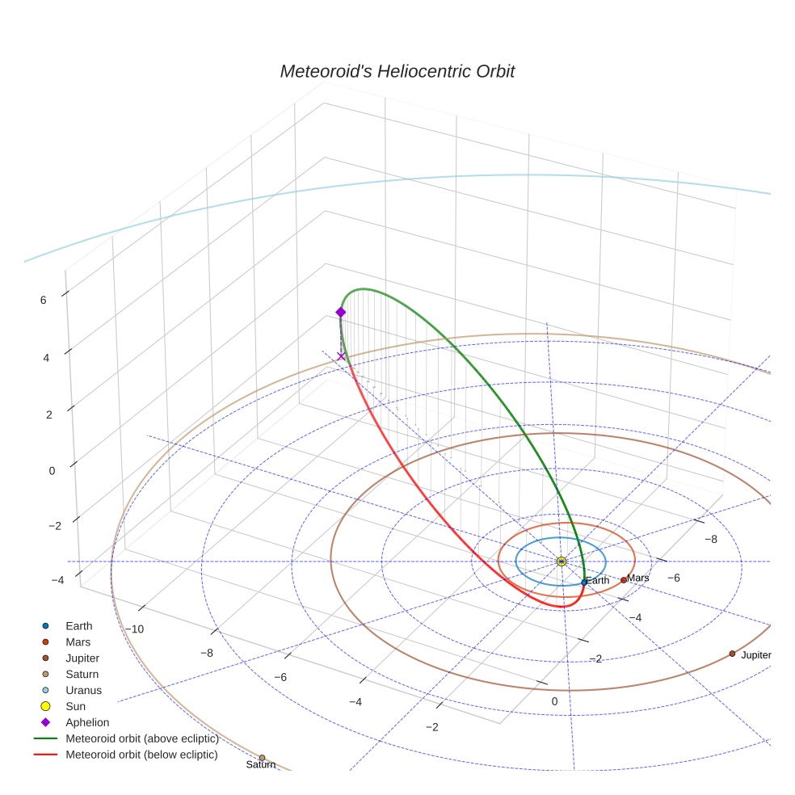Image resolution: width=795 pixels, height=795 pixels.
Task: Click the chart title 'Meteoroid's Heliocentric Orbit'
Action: (x=397, y=71)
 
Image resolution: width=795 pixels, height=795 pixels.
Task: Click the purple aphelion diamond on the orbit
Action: (x=341, y=312)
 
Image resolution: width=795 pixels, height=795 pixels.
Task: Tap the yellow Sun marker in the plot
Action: (x=562, y=562)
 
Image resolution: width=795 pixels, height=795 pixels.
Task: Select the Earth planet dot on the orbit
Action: (x=584, y=582)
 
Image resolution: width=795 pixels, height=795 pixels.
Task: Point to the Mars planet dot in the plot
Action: (x=624, y=579)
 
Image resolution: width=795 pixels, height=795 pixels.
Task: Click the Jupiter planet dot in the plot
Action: (x=732, y=654)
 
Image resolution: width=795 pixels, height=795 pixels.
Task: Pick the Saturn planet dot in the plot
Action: (x=262, y=758)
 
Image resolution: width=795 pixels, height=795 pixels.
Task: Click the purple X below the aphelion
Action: (x=341, y=356)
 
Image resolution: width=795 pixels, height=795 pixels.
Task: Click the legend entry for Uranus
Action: (x=83, y=690)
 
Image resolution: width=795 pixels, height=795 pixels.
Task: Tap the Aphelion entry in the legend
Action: (x=87, y=722)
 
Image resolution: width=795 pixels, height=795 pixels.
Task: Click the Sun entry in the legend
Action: (x=75, y=706)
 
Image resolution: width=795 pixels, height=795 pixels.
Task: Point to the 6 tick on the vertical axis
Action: (x=43, y=300)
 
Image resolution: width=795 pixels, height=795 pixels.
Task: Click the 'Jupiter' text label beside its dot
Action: (x=756, y=655)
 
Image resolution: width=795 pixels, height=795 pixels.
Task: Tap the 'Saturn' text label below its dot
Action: (x=260, y=765)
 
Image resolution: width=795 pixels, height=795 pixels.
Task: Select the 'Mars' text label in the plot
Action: (x=638, y=578)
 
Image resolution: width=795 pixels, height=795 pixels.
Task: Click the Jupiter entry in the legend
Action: (x=82, y=658)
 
